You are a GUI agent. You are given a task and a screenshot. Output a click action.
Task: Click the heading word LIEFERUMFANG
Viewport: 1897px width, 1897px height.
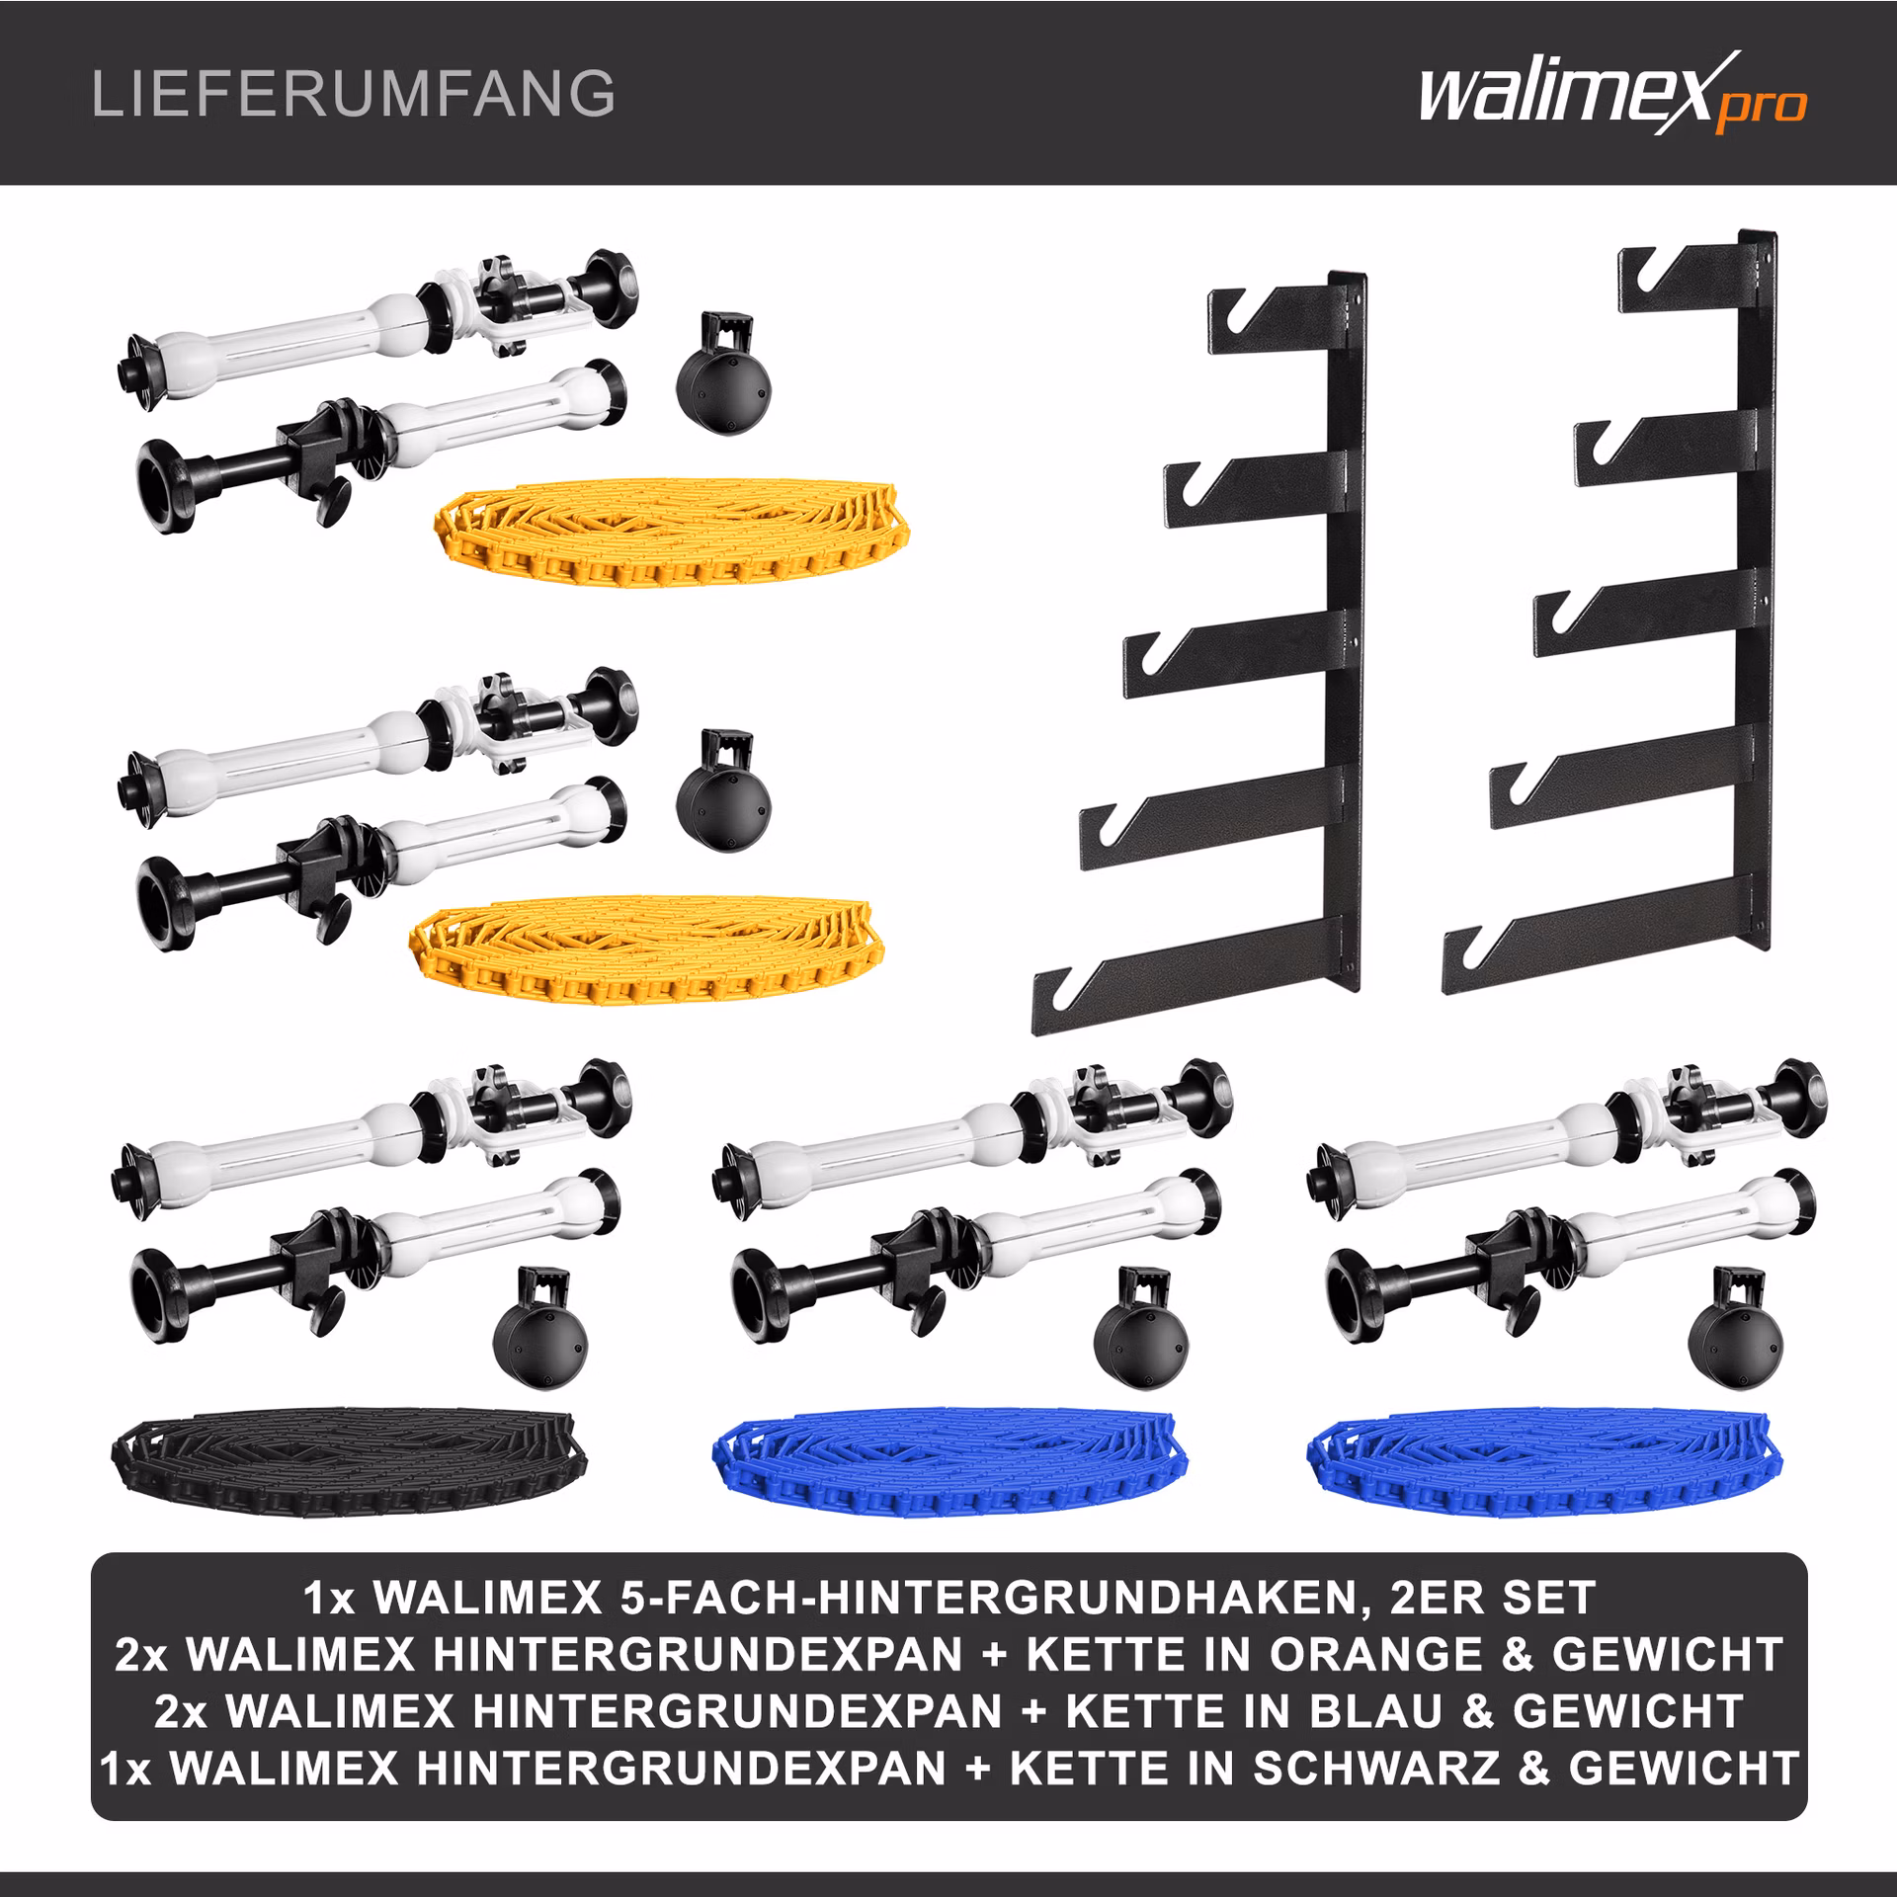coord(354,94)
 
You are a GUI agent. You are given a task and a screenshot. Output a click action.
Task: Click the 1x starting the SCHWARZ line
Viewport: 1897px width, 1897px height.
coord(126,1769)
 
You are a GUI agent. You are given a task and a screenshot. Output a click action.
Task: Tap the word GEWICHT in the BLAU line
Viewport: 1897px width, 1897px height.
coord(1627,1711)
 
